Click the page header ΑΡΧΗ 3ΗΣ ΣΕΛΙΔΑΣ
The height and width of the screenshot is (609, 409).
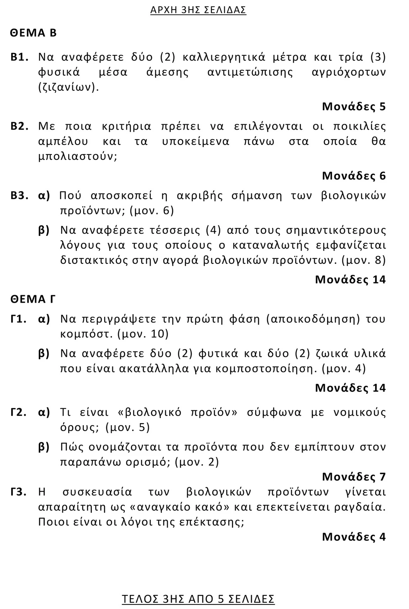[198, 10]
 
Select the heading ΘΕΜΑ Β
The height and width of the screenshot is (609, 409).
[33, 33]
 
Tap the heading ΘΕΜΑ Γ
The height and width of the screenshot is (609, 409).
[33, 299]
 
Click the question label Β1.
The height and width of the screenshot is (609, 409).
[19, 57]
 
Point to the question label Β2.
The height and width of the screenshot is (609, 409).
[19, 126]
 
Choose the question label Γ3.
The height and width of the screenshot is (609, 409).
[19, 492]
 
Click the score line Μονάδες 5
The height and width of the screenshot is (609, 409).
[354, 107]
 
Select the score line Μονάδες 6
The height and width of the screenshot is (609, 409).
[354, 176]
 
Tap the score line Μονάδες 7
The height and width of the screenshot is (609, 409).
[354, 477]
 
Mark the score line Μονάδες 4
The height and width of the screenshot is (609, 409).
[354, 537]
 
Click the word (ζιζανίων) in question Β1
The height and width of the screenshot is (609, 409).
[69, 88]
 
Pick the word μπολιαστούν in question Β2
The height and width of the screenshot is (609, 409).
[78, 157]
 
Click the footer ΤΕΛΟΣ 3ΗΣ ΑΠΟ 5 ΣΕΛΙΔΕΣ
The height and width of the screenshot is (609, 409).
[198, 599]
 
